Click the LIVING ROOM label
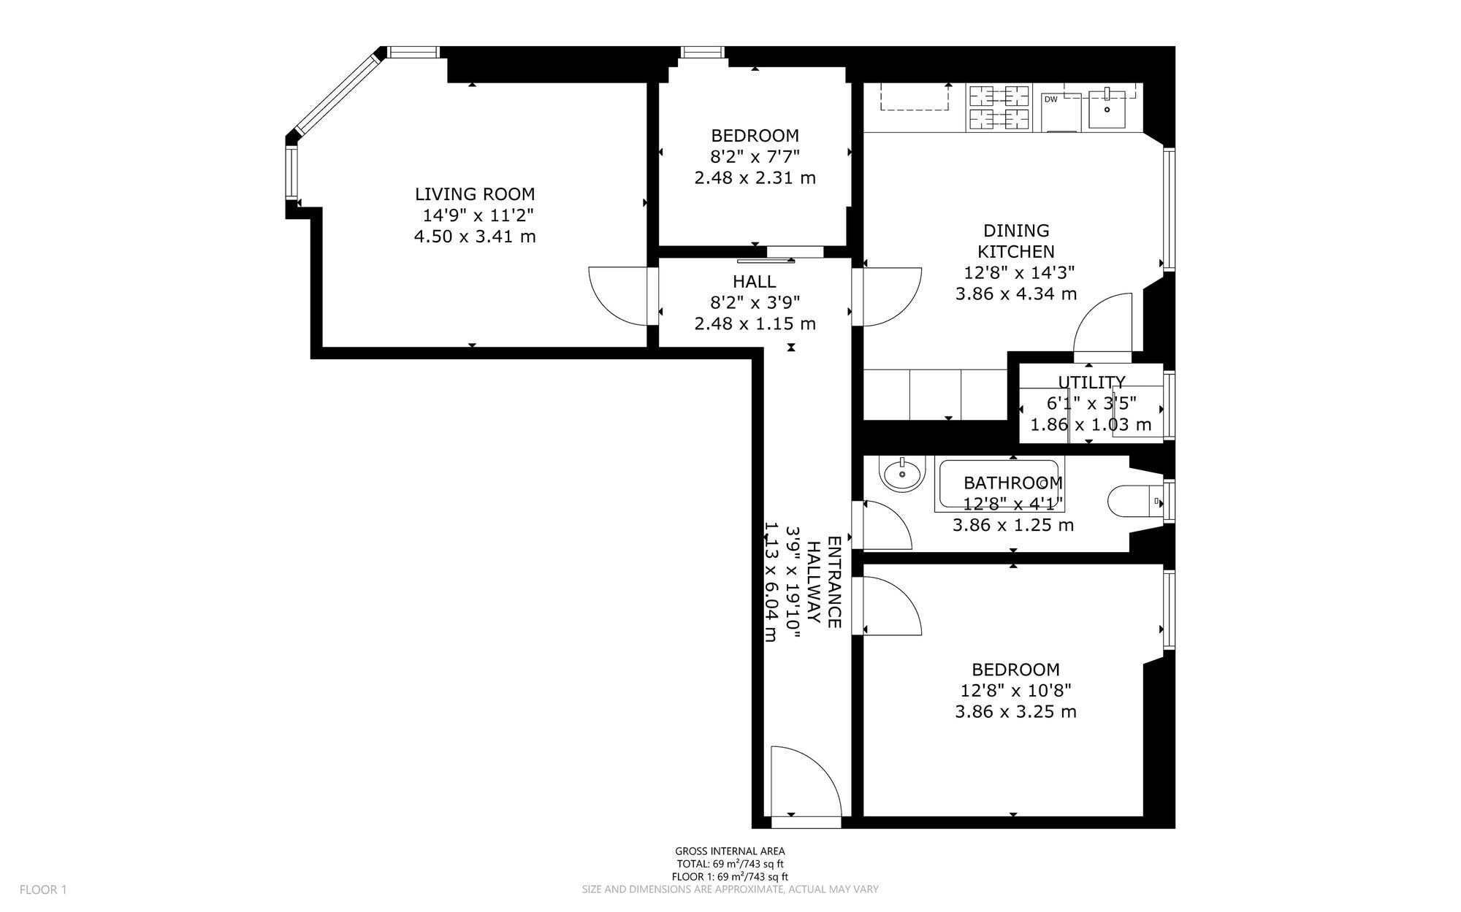[475, 194]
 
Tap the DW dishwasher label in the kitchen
[1051, 99]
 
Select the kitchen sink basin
[1107, 107]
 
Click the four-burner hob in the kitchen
[999, 108]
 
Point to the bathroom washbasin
[904, 475]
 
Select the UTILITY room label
[1091, 382]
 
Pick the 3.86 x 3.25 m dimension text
[1015, 712]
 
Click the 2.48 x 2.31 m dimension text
[755, 178]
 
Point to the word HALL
[754, 281]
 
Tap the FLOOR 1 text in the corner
[43, 890]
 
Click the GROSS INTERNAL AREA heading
[730, 851]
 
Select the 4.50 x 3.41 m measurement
[475, 237]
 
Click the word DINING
[1016, 231]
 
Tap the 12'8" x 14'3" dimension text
[1018, 273]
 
